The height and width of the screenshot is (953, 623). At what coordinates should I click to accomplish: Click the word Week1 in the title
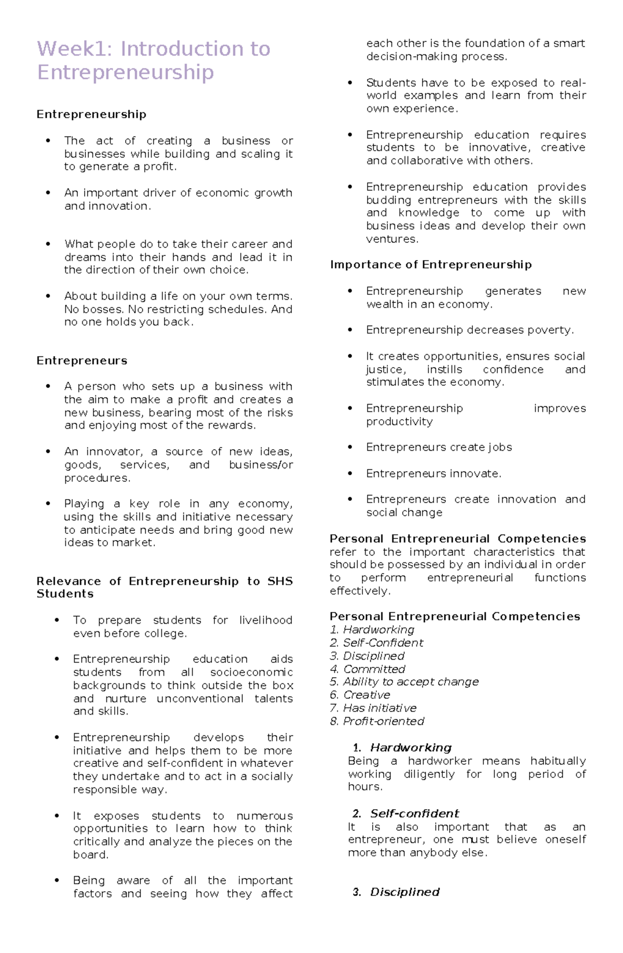point(74,49)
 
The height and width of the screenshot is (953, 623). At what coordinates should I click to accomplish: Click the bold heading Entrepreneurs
point(82,360)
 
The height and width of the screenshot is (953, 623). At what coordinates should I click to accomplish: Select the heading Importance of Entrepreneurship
point(430,264)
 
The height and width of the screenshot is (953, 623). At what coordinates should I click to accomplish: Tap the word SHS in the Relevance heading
point(280,581)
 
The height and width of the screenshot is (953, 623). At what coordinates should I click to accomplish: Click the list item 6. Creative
point(360,695)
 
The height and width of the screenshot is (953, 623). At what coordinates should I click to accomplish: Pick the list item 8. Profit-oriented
point(377,721)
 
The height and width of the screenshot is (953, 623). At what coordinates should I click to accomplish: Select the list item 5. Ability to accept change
point(404,681)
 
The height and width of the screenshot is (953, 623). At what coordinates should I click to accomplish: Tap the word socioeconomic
point(251,672)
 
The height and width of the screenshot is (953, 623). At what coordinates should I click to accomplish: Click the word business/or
point(261,465)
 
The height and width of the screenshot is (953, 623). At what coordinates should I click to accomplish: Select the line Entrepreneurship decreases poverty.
point(469,330)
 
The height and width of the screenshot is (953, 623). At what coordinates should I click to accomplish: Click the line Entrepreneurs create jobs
point(439,447)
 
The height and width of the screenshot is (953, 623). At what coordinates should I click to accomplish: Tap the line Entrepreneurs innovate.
point(434,474)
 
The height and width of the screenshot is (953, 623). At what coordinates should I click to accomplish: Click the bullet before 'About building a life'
point(48,296)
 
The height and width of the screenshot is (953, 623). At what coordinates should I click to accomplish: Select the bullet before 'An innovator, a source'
point(48,452)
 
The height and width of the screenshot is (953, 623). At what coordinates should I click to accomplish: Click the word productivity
point(399,421)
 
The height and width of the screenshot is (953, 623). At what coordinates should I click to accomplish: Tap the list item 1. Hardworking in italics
point(372,629)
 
